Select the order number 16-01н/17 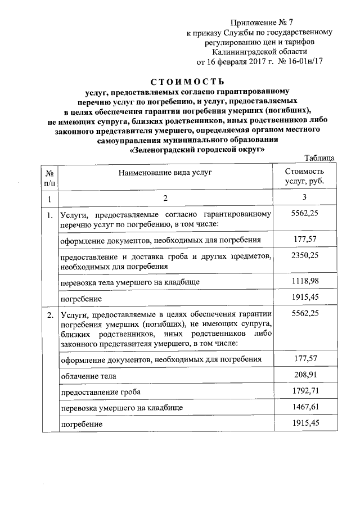point(301,60)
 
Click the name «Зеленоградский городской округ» point(196,150)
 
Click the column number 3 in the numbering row point(304,198)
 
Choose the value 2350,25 point(304,256)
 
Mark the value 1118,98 point(304,281)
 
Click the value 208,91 point(304,374)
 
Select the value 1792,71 point(304,390)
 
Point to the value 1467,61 point(304,406)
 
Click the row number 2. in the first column point(49,313)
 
